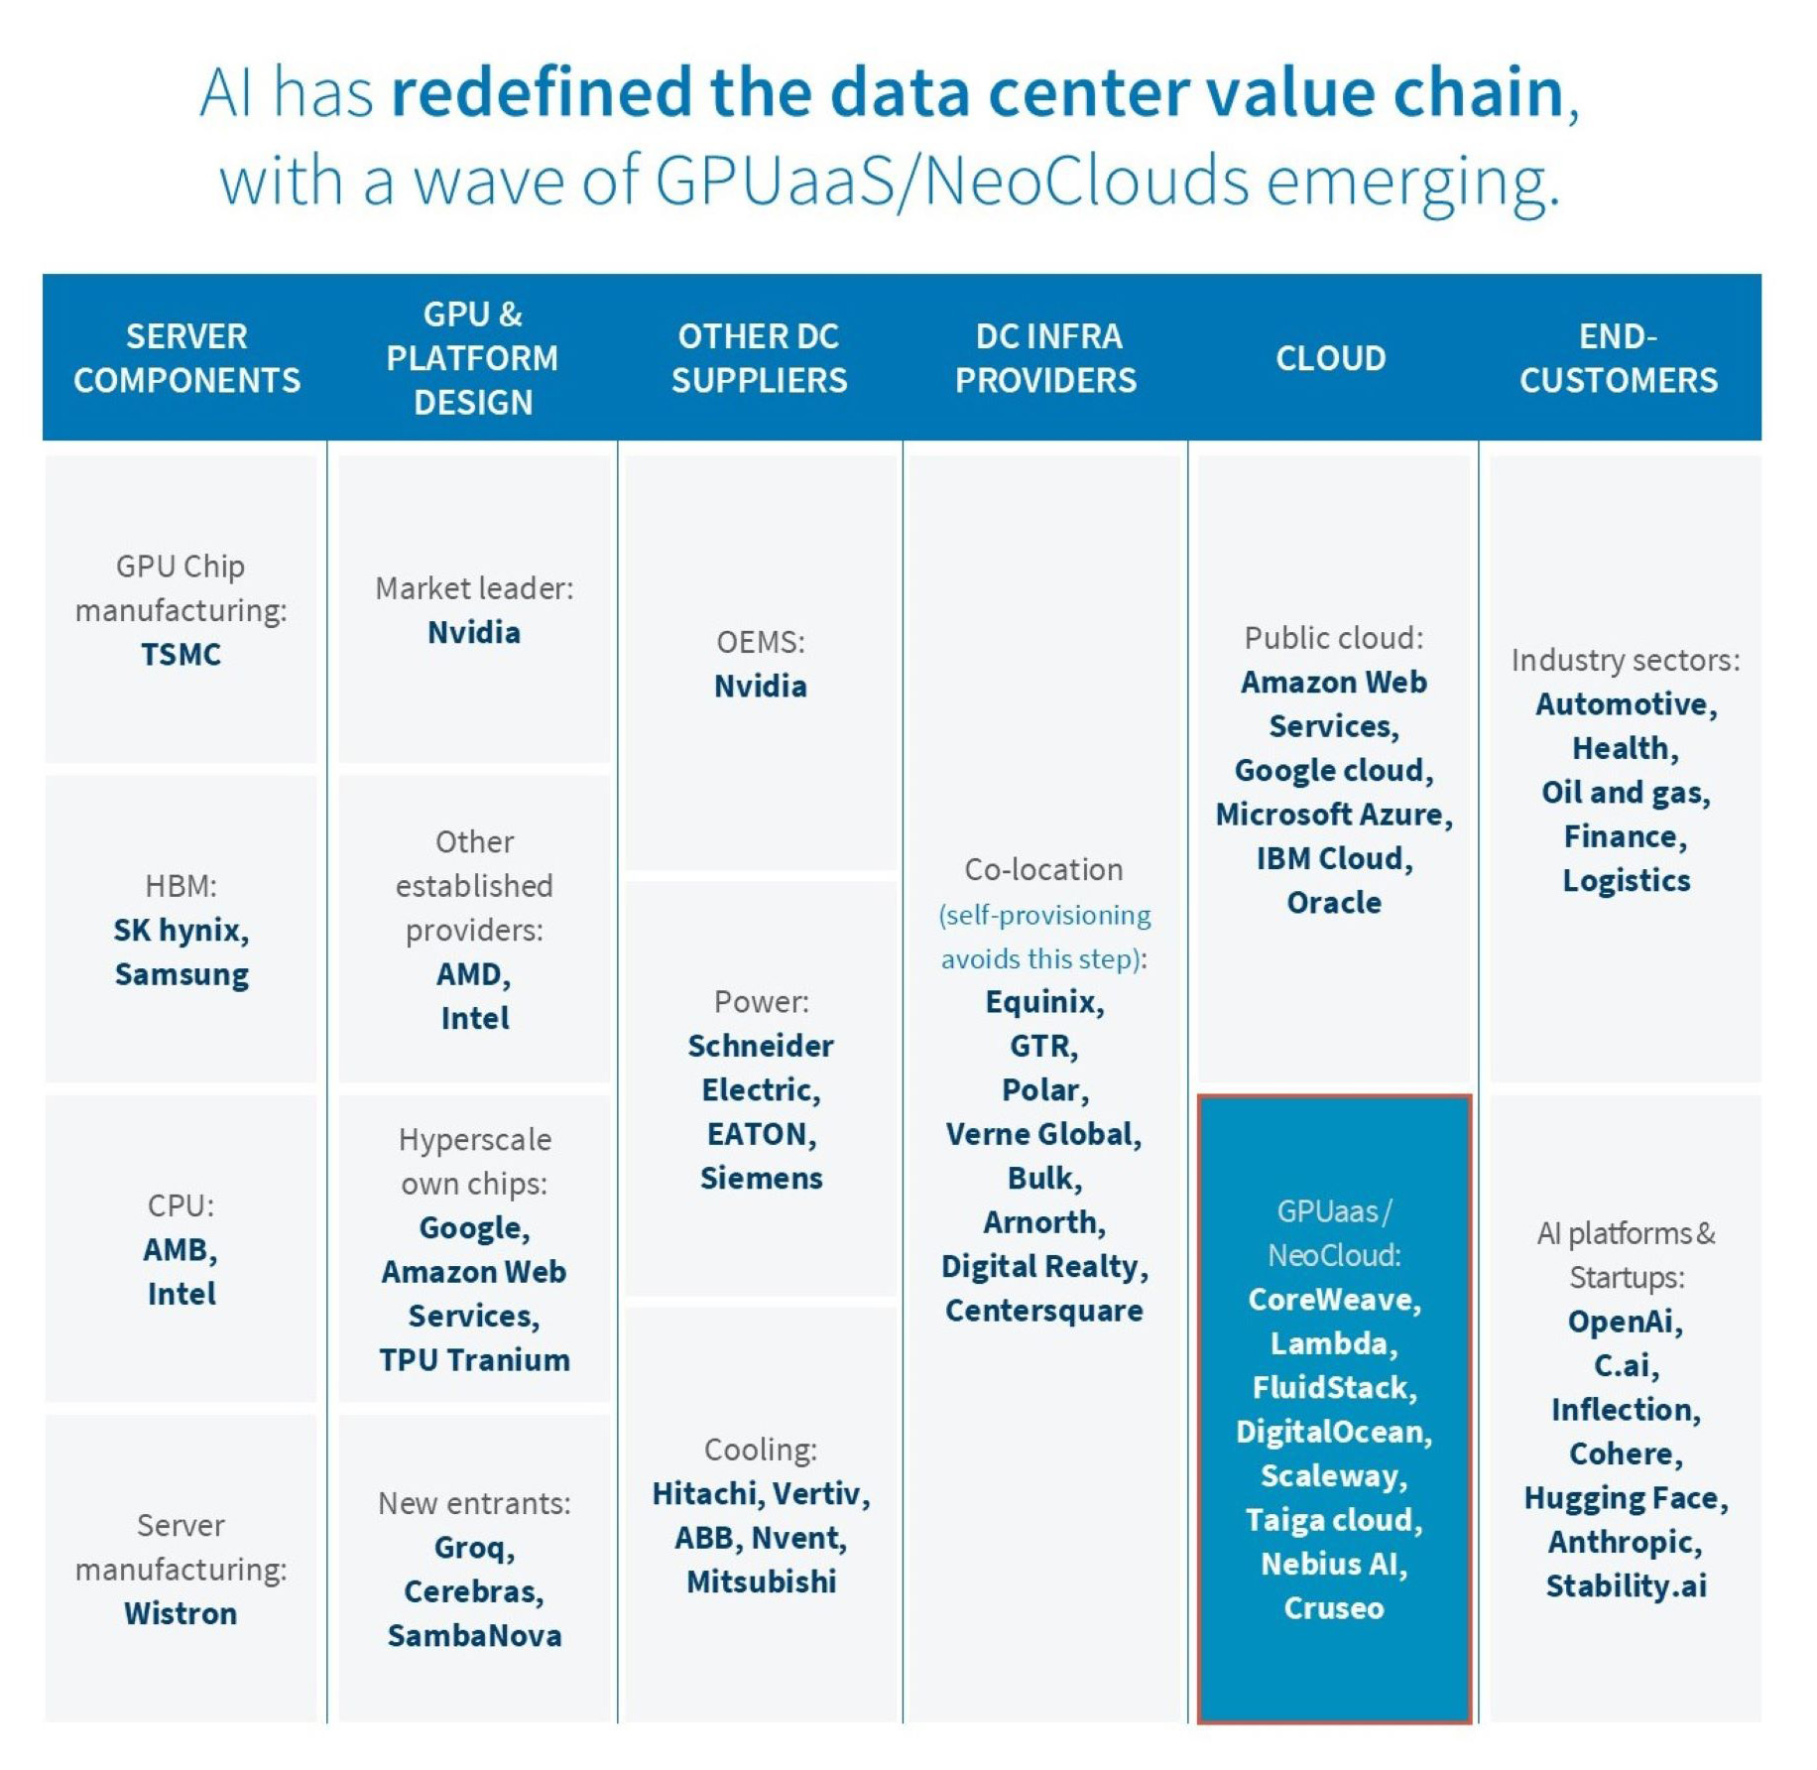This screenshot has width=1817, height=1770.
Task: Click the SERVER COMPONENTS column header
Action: point(186,358)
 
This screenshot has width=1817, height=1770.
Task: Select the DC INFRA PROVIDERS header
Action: point(1046,358)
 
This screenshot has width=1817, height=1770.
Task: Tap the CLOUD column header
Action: point(1330,358)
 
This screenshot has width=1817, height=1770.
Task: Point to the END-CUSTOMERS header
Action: point(1618,358)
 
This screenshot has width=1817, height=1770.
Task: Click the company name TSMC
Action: point(181,655)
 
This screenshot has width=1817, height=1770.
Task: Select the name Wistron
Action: point(181,1613)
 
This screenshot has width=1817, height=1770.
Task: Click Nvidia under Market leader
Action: point(473,633)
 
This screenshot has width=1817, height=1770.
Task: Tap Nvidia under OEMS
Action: point(760,687)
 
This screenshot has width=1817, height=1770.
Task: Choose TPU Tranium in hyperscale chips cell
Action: point(474,1360)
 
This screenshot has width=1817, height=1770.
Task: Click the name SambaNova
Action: point(474,1636)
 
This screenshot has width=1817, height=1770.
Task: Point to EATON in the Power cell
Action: point(760,1134)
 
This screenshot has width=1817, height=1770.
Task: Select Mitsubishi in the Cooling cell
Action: point(761,1581)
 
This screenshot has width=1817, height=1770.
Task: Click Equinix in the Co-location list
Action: point(1043,1002)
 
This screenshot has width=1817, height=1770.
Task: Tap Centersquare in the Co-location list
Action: point(1043,1311)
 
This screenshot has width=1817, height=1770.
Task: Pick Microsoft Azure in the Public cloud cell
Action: point(1333,815)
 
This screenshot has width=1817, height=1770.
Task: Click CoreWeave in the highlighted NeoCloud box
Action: point(1333,1300)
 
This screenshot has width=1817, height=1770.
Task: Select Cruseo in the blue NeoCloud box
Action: point(1333,1608)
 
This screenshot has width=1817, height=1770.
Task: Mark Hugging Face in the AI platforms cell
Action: point(1625,1498)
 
